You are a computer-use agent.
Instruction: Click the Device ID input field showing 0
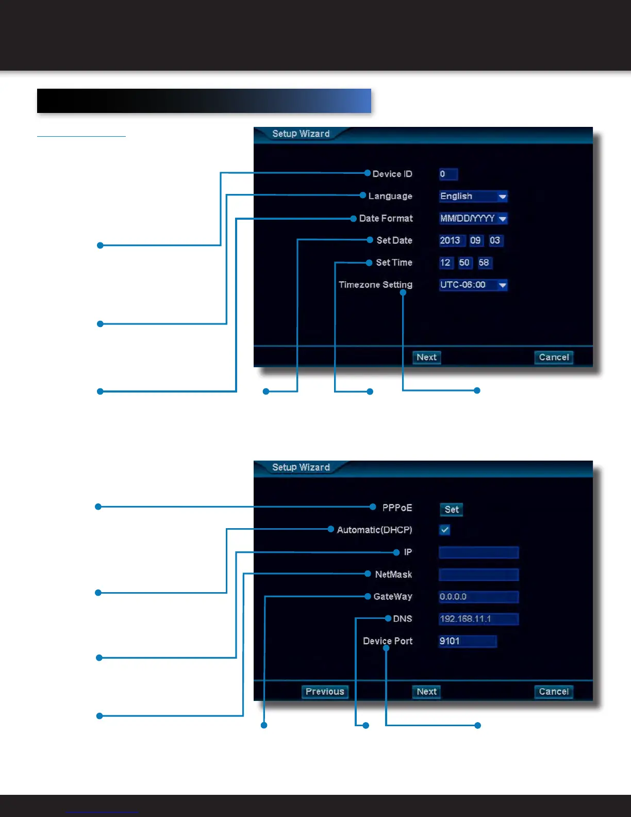tap(448, 174)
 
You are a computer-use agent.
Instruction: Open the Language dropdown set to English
tap(473, 197)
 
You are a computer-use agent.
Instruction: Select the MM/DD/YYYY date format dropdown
tap(473, 219)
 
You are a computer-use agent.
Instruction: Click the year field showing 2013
tap(450, 241)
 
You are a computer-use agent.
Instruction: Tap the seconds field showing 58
tap(484, 263)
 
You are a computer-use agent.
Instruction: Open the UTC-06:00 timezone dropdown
tap(473, 285)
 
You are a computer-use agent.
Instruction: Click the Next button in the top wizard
tap(426, 357)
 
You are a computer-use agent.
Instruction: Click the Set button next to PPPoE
tap(452, 510)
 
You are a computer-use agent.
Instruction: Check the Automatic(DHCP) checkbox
tap(445, 530)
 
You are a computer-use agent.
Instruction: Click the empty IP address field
tap(478, 552)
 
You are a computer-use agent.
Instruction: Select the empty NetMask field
tap(478, 575)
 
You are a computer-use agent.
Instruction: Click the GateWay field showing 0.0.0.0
tap(478, 597)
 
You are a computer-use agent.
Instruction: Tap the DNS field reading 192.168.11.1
tap(478, 619)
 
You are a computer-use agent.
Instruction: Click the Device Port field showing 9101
tap(468, 641)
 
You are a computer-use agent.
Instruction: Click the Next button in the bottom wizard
tap(426, 692)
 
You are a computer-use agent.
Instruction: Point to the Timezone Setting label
tap(375, 285)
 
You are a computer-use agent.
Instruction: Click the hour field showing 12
tap(445, 263)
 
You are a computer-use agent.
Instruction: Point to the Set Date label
tap(394, 240)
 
